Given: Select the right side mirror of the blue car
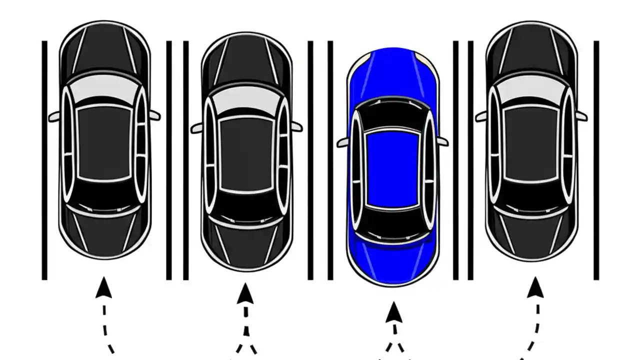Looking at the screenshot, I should [x=442, y=141].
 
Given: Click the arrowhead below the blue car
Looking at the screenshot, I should [x=394, y=312].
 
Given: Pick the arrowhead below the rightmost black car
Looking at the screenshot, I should [x=535, y=287].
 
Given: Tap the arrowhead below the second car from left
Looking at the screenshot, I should [x=245, y=293].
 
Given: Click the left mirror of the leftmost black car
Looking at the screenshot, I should [x=54, y=117].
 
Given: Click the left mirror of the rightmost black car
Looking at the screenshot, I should [x=481, y=117].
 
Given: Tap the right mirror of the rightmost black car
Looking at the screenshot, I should [x=581, y=115].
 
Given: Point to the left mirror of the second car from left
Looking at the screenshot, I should [x=196, y=128].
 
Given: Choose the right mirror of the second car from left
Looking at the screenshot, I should [x=297, y=126].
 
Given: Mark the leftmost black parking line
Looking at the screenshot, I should [x=44, y=160].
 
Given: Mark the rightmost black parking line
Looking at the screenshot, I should [x=596, y=160].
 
